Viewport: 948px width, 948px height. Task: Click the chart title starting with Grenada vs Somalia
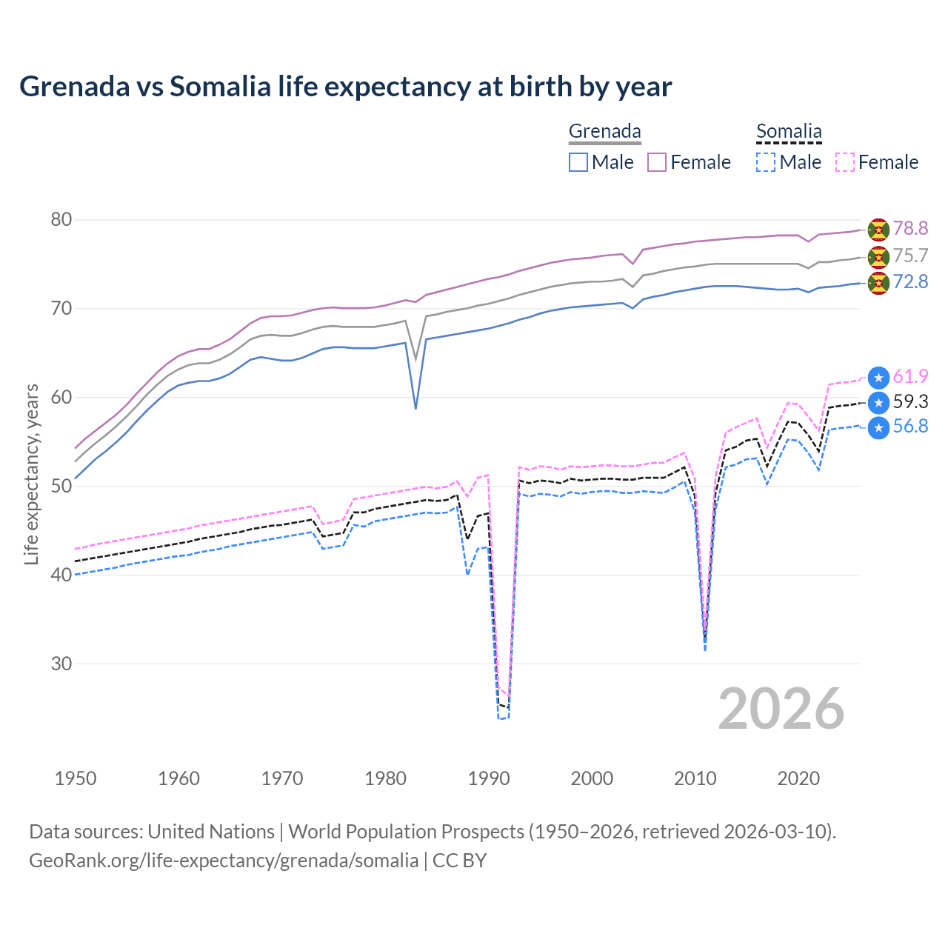(x=345, y=87)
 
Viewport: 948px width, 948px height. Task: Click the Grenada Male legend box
(x=578, y=162)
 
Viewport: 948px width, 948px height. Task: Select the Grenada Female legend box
(x=657, y=162)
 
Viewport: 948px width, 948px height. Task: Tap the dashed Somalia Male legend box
(x=766, y=162)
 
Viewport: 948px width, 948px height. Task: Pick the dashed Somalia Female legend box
(x=844, y=162)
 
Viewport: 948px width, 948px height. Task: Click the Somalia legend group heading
(x=789, y=132)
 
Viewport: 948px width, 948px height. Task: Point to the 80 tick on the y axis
(x=61, y=220)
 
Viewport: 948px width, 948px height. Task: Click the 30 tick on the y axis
(x=61, y=664)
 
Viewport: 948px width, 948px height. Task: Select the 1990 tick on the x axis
(x=489, y=778)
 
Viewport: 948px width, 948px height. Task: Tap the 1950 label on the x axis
(x=76, y=778)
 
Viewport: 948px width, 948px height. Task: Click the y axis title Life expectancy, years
(x=31, y=474)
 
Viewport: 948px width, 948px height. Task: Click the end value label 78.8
(x=910, y=229)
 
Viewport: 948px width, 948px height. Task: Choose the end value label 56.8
(x=910, y=427)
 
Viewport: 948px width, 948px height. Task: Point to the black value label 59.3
(x=910, y=402)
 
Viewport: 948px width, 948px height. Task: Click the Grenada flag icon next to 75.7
(x=878, y=256)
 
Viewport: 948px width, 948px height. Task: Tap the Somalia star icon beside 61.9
(x=878, y=378)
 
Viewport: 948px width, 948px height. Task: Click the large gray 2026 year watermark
(x=781, y=709)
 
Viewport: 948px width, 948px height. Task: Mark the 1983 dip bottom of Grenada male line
(x=415, y=408)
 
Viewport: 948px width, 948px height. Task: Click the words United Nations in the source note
(x=211, y=832)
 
